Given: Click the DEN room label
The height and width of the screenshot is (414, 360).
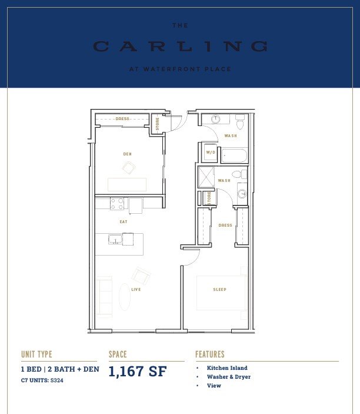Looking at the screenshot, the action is [x=128, y=154].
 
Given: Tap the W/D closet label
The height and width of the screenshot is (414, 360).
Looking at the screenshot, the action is [x=211, y=153].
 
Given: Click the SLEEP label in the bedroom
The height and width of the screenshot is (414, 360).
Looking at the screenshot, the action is [x=219, y=289].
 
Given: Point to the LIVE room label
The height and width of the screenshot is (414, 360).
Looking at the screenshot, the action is [x=136, y=289].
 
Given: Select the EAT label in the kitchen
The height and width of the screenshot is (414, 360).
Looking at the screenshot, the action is [x=124, y=222].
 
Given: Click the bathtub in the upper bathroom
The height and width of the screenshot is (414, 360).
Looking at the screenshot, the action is [x=234, y=156].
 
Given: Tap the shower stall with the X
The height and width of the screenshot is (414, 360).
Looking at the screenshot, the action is [x=206, y=177].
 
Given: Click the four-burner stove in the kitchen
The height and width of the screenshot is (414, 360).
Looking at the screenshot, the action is [x=117, y=204].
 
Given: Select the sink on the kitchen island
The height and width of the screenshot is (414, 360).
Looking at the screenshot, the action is [x=115, y=240].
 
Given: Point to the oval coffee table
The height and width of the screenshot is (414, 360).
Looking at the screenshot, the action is [x=125, y=297].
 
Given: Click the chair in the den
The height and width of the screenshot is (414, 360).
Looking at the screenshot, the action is [x=129, y=168].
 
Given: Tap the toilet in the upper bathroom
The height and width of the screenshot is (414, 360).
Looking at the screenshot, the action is [x=240, y=122].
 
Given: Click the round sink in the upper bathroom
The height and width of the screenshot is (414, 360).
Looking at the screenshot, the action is [x=216, y=119].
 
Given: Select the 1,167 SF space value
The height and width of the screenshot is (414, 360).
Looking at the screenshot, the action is [x=138, y=371].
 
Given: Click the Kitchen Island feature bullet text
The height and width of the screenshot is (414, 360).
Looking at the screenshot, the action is [x=227, y=368].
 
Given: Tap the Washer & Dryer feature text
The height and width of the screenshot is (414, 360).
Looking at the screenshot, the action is [x=229, y=377].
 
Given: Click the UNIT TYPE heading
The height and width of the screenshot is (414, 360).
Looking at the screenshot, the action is [x=36, y=354].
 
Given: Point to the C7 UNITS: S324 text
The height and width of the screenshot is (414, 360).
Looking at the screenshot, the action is [x=42, y=380].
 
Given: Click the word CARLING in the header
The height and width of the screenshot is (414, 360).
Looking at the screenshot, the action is [x=181, y=47].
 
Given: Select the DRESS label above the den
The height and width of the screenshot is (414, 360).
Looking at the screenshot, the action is [x=122, y=119].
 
